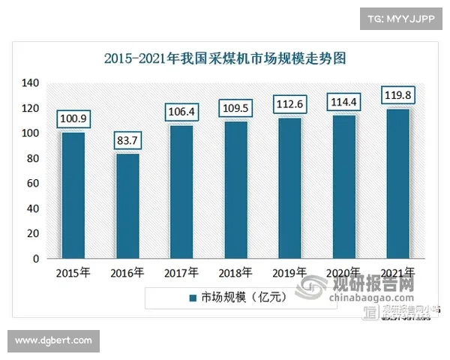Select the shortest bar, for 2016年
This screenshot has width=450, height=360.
(127, 205)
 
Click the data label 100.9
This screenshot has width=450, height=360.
(73, 119)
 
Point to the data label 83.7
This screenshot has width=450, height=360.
(127, 141)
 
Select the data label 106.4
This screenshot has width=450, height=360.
(181, 112)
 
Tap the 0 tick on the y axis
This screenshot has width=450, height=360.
(36, 259)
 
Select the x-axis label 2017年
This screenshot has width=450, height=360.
(181, 273)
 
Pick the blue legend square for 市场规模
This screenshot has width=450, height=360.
(193, 298)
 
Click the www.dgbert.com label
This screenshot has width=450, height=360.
(53, 341)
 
